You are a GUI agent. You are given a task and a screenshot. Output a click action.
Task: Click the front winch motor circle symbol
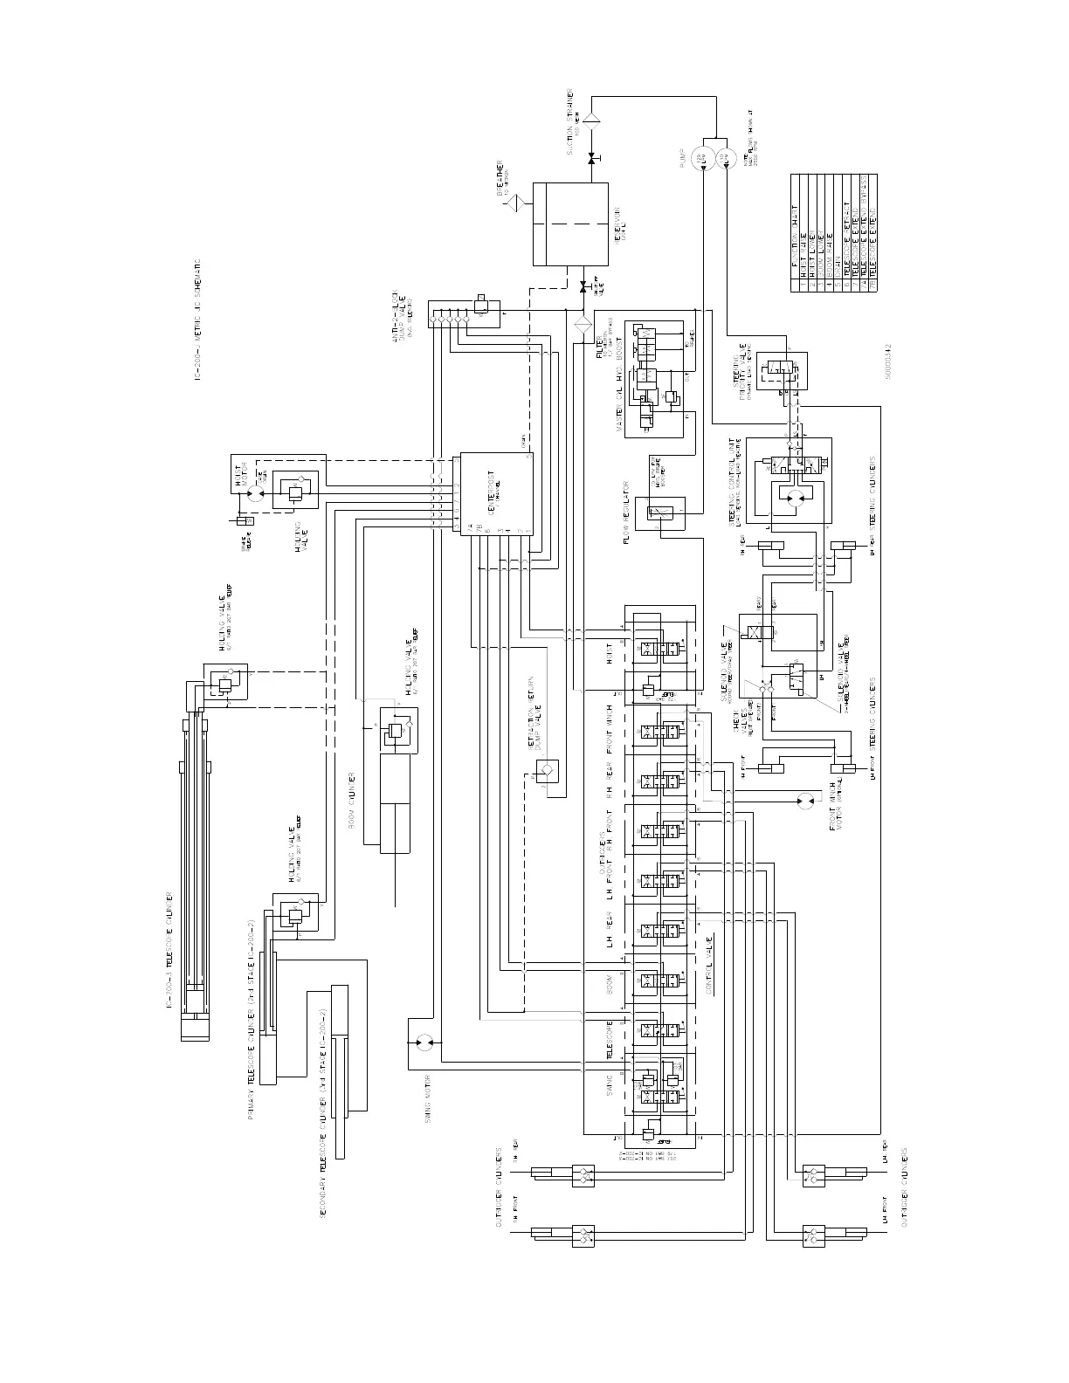point(803,800)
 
